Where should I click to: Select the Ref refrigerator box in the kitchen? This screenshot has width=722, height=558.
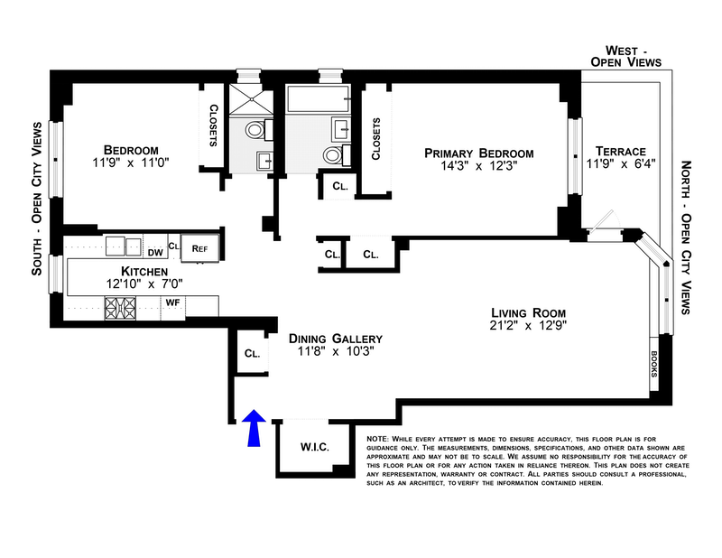coord(198,246)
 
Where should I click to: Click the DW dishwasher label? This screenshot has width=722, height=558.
coord(155,253)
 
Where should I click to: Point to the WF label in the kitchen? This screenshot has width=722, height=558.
coord(171,303)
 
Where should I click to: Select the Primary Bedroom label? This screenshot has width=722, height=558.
coord(479,153)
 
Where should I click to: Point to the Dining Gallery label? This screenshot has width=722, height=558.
coord(329,339)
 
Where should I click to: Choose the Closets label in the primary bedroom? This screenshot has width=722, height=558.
coord(375,138)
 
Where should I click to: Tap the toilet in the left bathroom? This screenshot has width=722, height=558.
coord(255,132)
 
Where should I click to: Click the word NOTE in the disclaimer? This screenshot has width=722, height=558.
coord(377,439)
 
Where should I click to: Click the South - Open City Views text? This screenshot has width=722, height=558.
coord(37,211)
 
